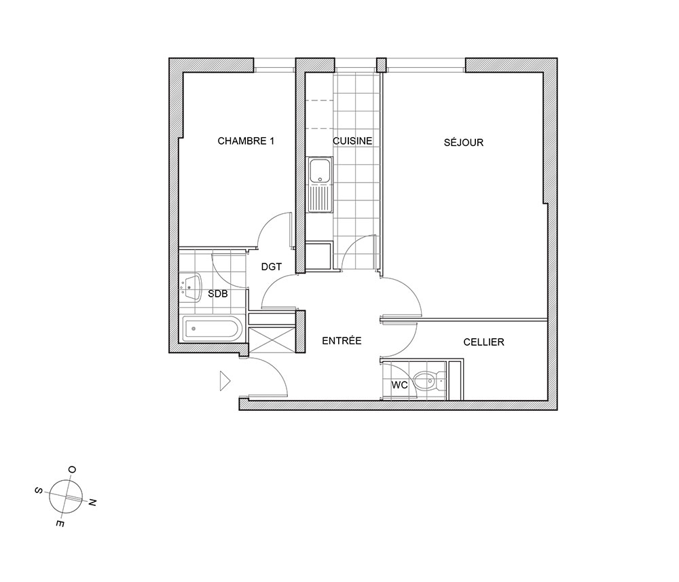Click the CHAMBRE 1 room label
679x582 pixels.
tap(246, 141)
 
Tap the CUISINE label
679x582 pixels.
tap(352, 141)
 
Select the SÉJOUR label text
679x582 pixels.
tap(463, 143)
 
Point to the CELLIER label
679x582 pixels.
tap(483, 342)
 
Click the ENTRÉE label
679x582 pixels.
tap(342, 341)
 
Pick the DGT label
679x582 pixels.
tap(272, 267)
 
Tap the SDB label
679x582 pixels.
tap(218, 294)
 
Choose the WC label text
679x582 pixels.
tap(399, 384)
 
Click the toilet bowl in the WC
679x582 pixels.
tap(425, 381)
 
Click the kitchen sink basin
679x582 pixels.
tap(320, 170)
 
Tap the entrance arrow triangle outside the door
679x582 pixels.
tap(225, 381)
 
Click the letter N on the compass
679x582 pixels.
tap(92, 503)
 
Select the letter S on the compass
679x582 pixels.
tap(38, 490)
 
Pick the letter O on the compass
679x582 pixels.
tap(73, 470)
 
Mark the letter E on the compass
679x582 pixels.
tap(60, 524)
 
